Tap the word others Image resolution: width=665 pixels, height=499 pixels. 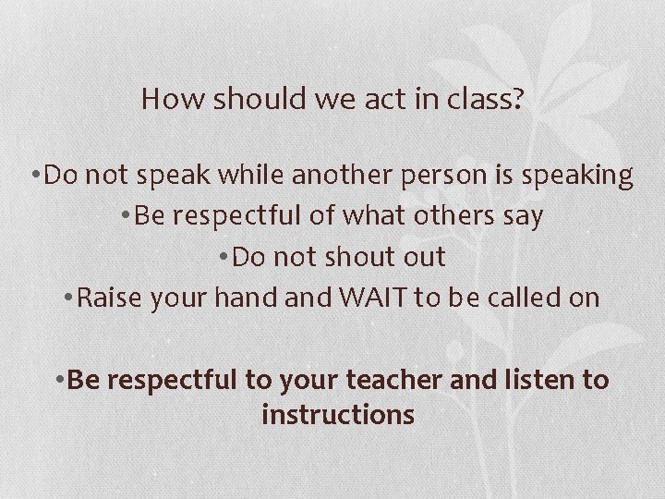pyautogui.click(x=452, y=216)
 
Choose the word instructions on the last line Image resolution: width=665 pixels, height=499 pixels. pyautogui.click(x=338, y=416)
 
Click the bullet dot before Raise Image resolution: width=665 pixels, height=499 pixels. pyautogui.click(x=70, y=298)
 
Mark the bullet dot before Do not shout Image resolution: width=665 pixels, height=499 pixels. pyautogui.click(x=225, y=258)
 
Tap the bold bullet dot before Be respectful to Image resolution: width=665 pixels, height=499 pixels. pyautogui.click(x=60, y=380)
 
